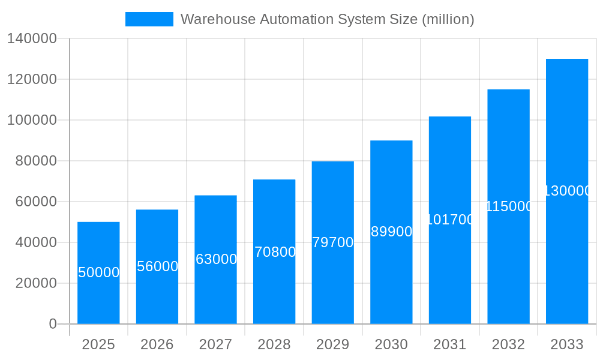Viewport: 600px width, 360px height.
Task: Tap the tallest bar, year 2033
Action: click(x=567, y=240)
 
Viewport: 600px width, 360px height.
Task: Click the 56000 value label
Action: click(x=157, y=266)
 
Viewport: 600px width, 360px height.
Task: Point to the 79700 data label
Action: click(x=333, y=242)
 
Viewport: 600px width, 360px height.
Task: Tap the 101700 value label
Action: click(x=450, y=220)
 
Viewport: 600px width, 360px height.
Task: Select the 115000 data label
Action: click(x=509, y=206)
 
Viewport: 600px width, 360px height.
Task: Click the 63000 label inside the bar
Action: click(x=216, y=259)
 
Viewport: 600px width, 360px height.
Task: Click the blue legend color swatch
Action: click(x=149, y=19)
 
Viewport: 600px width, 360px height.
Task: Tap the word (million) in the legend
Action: click(x=448, y=19)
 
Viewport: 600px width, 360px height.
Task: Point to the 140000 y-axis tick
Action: click(x=32, y=38)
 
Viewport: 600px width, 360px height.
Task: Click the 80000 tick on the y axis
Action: click(x=36, y=161)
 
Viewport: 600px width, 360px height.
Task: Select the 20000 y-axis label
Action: click(x=36, y=283)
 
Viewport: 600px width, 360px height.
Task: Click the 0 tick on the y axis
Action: click(x=52, y=324)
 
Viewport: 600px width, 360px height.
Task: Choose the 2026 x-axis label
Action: click(x=157, y=344)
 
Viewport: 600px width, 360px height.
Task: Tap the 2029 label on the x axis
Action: click(x=333, y=344)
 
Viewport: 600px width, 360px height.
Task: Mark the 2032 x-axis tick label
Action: click(x=509, y=344)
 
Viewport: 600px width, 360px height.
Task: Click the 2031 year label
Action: click(x=450, y=344)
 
